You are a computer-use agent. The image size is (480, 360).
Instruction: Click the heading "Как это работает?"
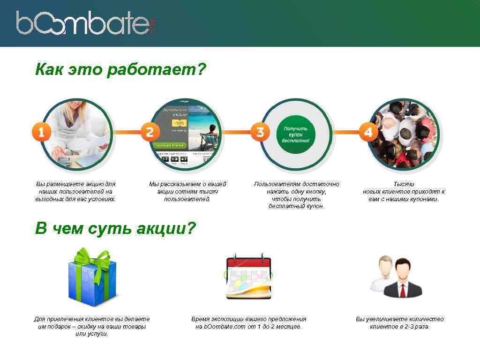coord(120,70)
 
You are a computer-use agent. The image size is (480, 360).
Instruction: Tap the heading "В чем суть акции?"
coord(115,229)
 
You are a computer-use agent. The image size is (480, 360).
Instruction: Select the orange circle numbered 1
coord(41,132)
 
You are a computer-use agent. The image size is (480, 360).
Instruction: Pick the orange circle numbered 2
coord(150,132)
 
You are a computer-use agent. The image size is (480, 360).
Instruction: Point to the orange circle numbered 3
coord(260,132)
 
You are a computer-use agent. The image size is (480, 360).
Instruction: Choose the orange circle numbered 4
coord(368,132)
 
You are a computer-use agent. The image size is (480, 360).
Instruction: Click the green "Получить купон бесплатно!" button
coord(295,134)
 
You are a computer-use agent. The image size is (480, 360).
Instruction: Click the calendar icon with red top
coord(248,277)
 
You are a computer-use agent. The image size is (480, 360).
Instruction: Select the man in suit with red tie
coord(402,279)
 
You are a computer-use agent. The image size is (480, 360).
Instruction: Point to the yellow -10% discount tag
coord(179,123)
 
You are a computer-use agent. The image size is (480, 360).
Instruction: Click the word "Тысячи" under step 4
coord(404,184)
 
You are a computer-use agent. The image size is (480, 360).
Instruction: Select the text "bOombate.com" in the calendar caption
coord(225,327)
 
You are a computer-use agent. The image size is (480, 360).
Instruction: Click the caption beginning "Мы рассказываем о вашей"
coord(187,192)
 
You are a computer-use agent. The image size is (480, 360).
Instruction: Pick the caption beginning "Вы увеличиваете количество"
coord(399,323)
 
